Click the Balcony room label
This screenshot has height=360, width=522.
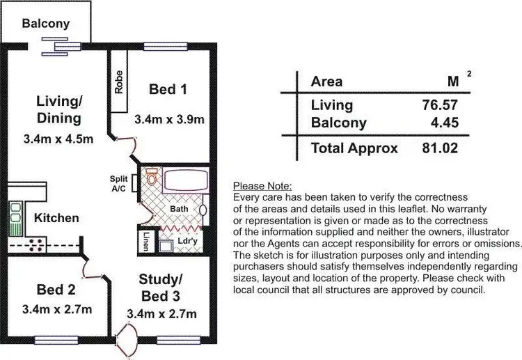(x=46, y=24)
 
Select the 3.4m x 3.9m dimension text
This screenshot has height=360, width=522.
(x=169, y=120)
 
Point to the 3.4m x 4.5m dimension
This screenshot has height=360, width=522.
(x=58, y=138)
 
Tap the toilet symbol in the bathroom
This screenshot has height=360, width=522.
(x=151, y=178)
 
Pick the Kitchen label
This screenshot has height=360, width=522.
(x=56, y=218)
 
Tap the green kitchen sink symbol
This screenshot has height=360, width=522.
(x=15, y=217)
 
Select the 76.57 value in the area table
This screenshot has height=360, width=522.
(x=438, y=105)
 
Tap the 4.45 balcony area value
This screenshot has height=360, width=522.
(x=443, y=123)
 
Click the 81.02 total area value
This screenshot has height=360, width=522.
(x=438, y=148)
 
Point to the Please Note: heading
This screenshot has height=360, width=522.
(x=262, y=186)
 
